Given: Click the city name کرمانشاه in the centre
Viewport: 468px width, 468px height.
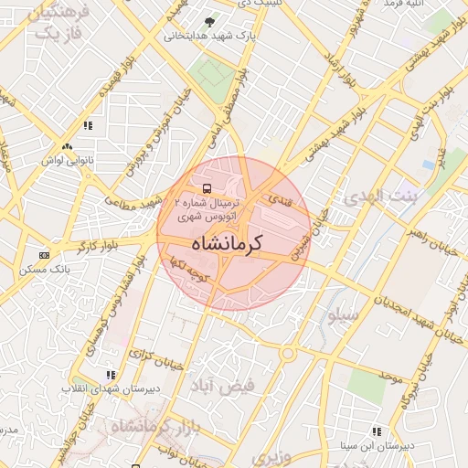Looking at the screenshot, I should click(228, 244).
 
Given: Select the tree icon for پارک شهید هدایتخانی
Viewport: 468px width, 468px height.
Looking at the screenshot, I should click(211, 22).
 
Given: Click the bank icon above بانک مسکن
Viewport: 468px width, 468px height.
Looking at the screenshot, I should click(44, 255).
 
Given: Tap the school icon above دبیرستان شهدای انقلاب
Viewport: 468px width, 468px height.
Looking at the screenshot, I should click(111, 375).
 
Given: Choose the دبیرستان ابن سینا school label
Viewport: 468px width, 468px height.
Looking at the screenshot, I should click(377, 447).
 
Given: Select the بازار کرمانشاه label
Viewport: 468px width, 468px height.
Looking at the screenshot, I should click(150, 426).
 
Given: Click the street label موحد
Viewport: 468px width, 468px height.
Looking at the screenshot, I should click(390, 376).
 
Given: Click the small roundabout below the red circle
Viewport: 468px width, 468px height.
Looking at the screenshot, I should click(289, 353).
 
